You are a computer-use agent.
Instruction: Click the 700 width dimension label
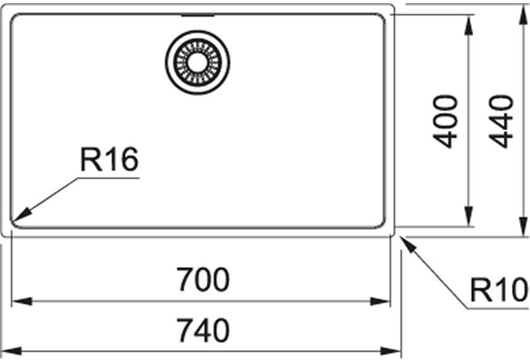coord(203,279)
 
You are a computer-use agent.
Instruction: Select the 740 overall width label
coord(203,330)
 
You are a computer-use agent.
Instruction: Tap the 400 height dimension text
coord(445,121)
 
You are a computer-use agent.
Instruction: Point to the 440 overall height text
coord(501,121)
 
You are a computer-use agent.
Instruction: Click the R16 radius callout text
coord(110,159)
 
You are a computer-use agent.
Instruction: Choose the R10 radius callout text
coord(499,290)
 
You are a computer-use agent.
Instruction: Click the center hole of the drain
coord(197,63)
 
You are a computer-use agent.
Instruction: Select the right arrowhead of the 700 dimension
coord(380,301)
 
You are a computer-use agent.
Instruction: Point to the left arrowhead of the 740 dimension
coord(12,351)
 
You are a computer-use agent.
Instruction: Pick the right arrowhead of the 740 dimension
coord(390,351)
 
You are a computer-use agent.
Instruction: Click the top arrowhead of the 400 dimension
coord(468,25)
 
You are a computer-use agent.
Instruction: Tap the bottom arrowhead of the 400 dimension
coord(468,216)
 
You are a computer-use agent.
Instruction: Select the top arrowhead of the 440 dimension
coord(524,15)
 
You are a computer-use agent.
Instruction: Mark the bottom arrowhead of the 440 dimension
coord(524,226)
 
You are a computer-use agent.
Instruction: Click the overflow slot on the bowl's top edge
coord(198,15)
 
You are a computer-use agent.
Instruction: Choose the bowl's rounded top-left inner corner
coord(15,18)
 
